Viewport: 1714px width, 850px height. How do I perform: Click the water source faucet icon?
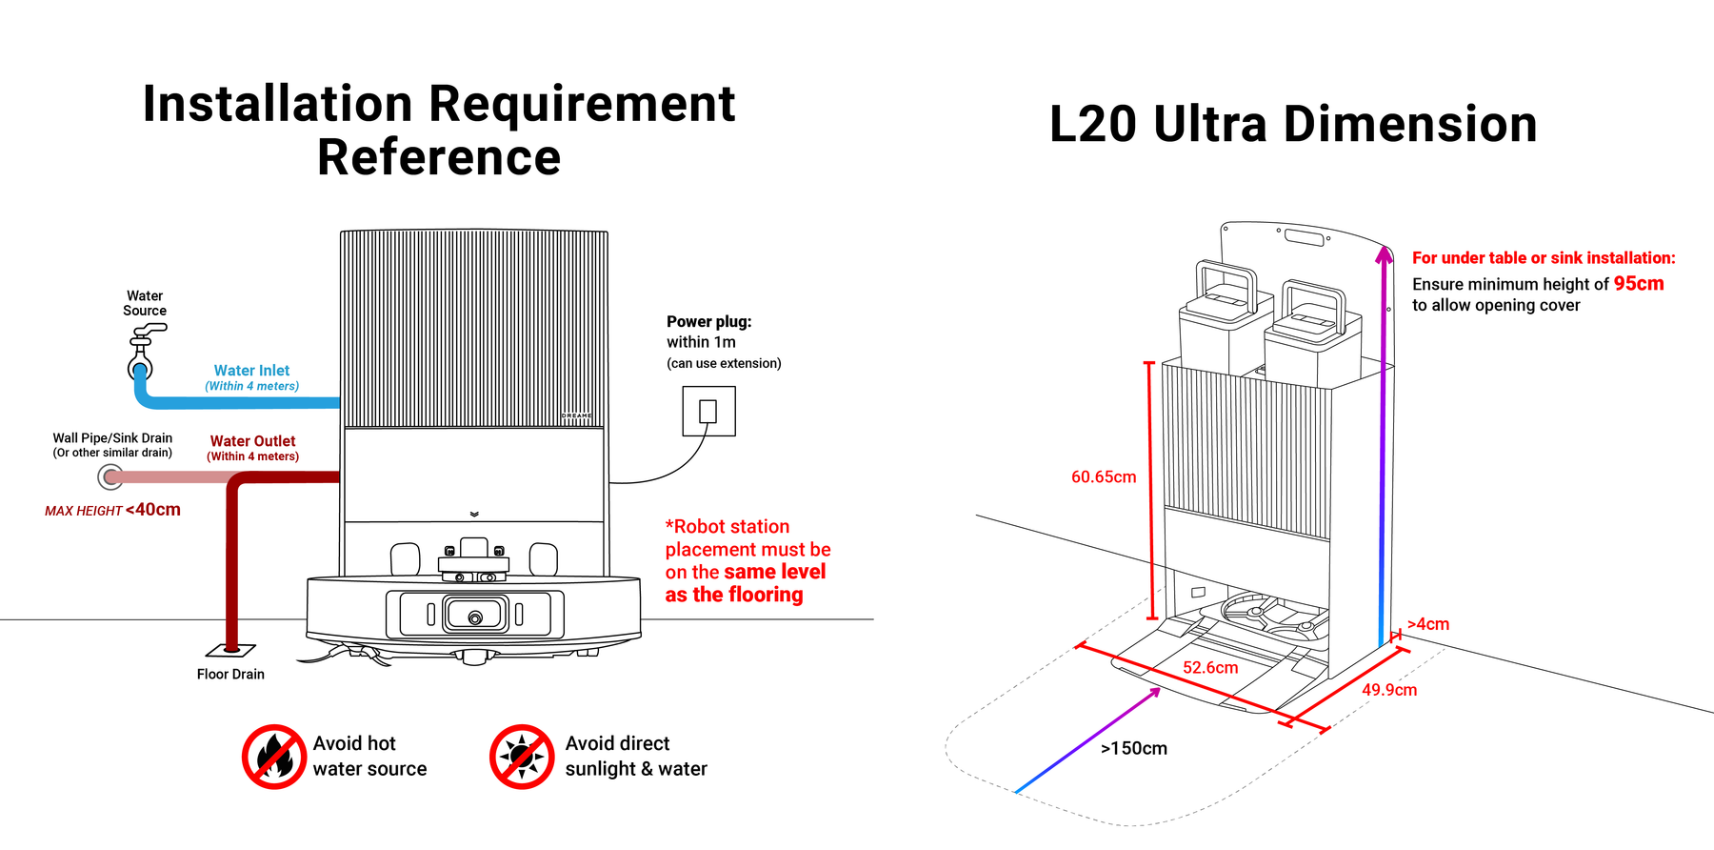click(x=143, y=351)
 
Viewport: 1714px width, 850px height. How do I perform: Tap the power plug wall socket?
click(x=708, y=411)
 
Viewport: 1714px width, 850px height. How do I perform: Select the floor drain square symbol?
click(x=231, y=650)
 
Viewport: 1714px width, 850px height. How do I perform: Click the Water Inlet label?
click(x=251, y=371)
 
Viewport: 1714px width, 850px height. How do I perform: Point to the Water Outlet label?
click(x=252, y=441)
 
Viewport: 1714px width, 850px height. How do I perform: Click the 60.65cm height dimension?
click(x=1104, y=477)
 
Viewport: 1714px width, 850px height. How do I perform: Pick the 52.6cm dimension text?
click(x=1210, y=668)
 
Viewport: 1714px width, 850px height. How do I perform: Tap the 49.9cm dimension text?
click(x=1388, y=690)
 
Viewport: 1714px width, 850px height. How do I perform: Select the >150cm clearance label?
click(x=1133, y=749)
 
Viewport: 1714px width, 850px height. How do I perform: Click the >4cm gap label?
click(x=1428, y=625)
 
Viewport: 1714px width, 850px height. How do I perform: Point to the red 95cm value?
click(x=1638, y=284)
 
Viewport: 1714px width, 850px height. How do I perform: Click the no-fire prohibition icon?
click(x=273, y=757)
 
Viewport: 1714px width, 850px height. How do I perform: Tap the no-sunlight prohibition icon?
click(x=522, y=757)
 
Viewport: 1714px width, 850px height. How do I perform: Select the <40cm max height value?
click(x=153, y=510)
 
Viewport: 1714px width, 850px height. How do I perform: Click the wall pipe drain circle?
click(x=111, y=476)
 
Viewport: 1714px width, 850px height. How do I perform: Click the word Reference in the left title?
click(x=439, y=157)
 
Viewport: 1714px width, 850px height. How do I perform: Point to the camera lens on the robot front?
click(x=475, y=617)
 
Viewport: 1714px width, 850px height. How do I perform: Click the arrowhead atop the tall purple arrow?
click(x=1384, y=253)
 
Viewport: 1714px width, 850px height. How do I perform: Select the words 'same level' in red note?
click(x=771, y=572)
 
